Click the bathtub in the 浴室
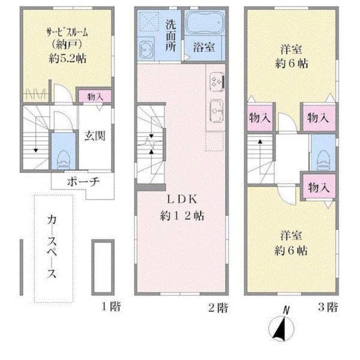coord(205,23)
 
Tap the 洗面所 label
coord(171,35)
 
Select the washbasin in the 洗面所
coord(146,49)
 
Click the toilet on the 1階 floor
coord(63,160)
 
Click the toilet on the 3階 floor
coord(323,160)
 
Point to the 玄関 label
coord(95,136)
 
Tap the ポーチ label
coord(83,182)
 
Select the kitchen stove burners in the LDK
coord(216,82)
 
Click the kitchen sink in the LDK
coord(216,111)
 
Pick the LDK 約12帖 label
coord(182,208)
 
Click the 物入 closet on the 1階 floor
coord(95,96)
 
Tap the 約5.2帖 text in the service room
coord(67,59)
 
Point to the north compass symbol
coord(281,325)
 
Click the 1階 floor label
coord(111,306)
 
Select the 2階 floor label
coord(218,307)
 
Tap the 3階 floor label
coord(328,307)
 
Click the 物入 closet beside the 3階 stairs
coord(260,118)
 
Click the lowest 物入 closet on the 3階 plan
coord(319,187)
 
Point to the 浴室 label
coord(204,47)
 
